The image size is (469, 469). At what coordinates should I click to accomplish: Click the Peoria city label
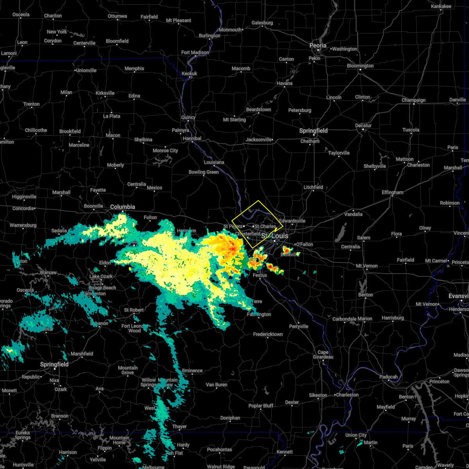pos(318,46)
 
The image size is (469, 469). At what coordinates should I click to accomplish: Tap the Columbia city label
pos(122,207)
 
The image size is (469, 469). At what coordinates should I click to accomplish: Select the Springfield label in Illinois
pos(313,131)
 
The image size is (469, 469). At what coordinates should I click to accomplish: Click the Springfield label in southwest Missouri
pos(54,364)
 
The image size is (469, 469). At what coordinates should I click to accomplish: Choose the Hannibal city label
pos(192,138)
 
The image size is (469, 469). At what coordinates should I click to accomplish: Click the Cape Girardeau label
pos(323,354)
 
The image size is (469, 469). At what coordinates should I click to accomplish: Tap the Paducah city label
pos(388,377)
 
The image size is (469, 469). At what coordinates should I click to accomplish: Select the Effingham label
pos(392,193)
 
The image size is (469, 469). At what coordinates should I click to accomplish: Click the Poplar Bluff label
pos(261,406)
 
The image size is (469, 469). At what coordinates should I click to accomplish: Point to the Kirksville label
pos(105,93)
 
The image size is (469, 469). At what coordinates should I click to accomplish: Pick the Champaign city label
pos(414,100)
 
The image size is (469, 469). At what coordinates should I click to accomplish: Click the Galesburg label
pos(262,23)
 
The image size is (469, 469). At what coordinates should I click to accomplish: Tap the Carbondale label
pos(344,319)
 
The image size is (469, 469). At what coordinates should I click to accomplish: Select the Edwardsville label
pos(292,221)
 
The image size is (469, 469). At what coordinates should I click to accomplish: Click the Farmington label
pos(259,314)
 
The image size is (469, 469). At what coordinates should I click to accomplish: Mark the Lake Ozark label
pos(101,276)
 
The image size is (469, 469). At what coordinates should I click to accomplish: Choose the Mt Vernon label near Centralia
pos(367,266)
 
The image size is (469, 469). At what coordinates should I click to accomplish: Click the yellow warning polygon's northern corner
pos(258,200)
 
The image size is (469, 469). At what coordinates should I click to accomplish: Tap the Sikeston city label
pos(318,395)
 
